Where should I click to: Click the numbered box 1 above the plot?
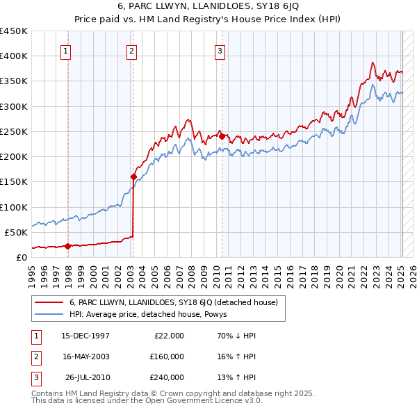tap(65, 50)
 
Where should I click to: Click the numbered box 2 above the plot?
tap(131, 50)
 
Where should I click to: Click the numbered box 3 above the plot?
tap(220, 50)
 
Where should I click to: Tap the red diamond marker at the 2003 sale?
tap(133, 177)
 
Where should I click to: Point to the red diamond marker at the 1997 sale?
tap(68, 245)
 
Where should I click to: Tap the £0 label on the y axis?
tap(21, 257)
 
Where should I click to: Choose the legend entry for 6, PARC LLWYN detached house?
tap(173, 302)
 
